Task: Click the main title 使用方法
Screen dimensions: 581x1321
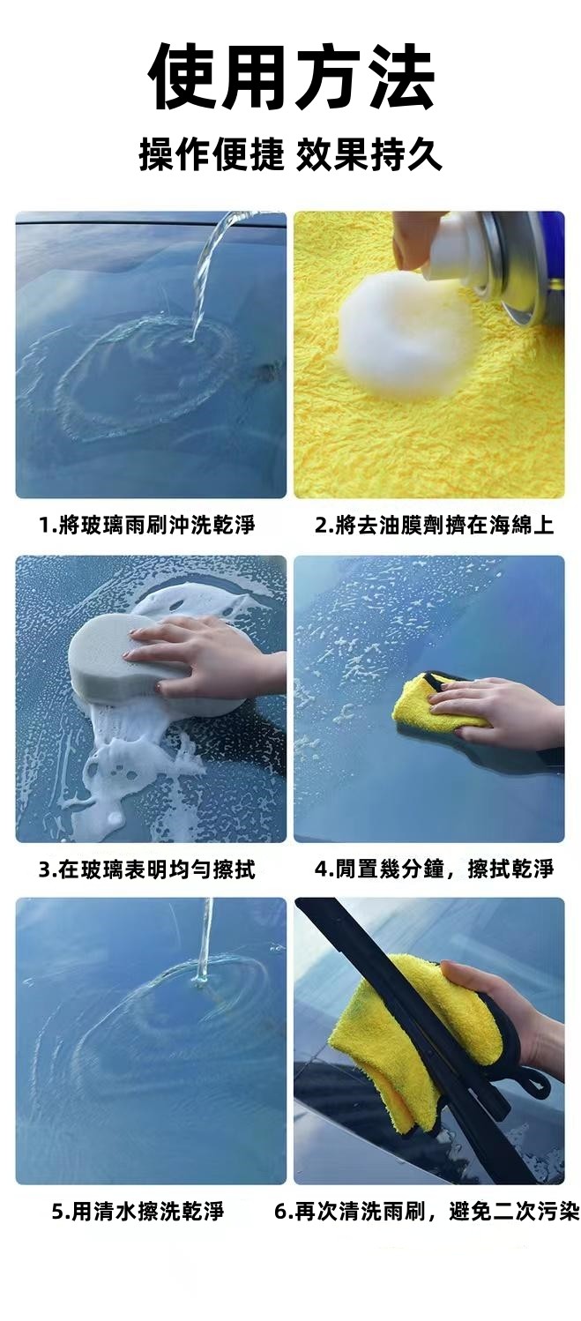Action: [291, 78]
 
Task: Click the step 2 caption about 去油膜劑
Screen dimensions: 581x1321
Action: [435, 525]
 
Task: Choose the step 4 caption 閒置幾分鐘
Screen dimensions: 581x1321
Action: [435, 869]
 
